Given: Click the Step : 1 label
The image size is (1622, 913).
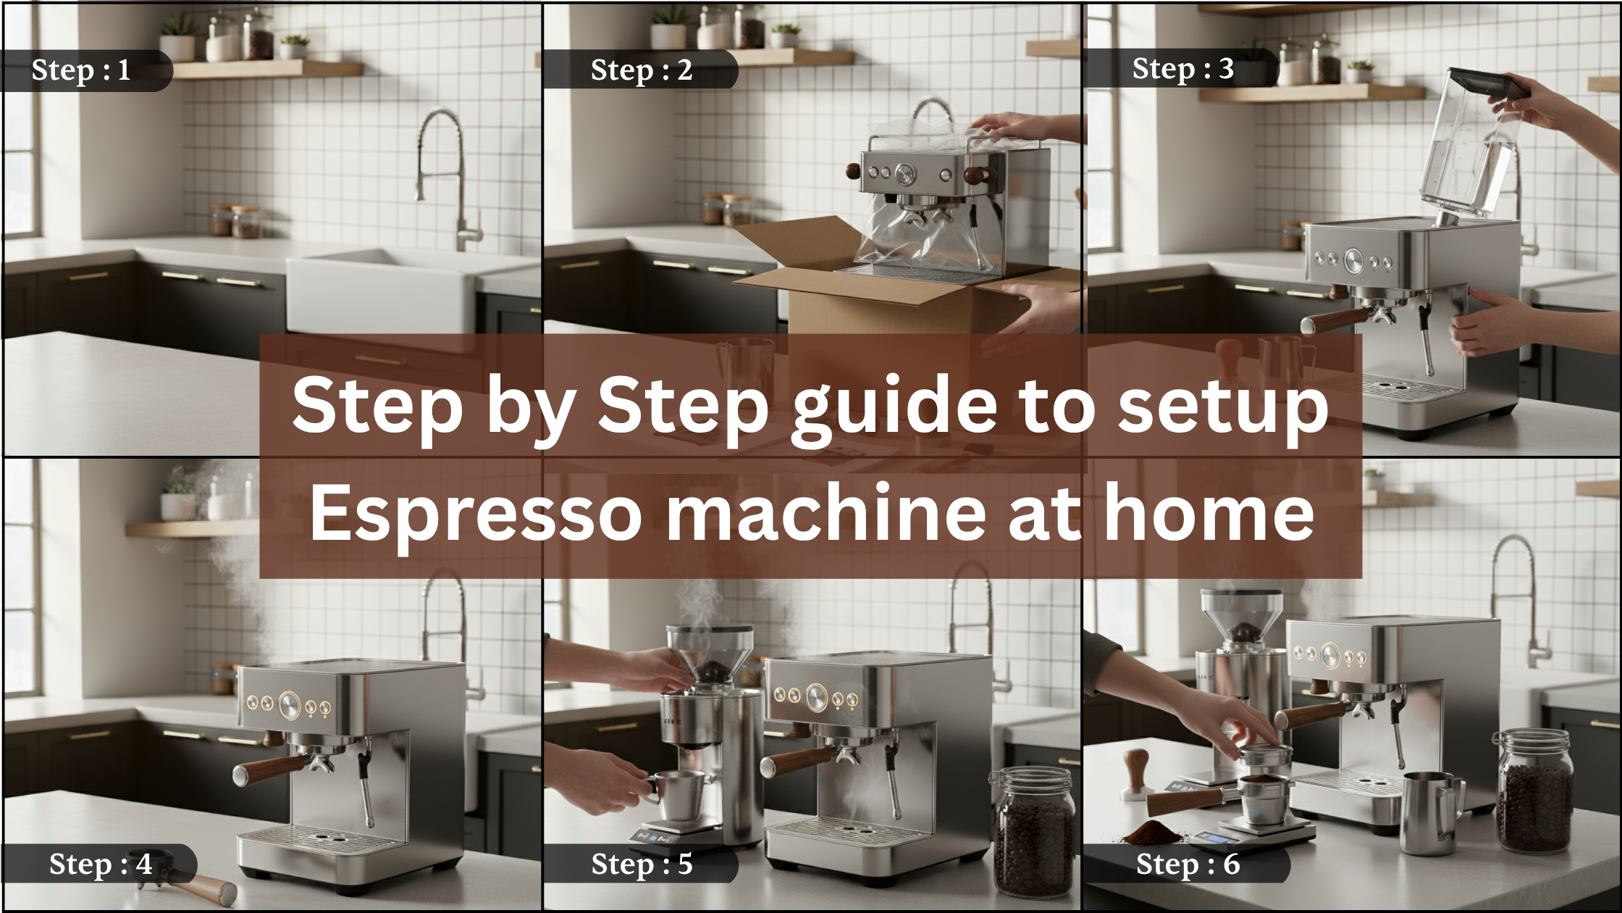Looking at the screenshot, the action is pos(81,70).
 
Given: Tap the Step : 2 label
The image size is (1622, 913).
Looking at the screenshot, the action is pos(642,70).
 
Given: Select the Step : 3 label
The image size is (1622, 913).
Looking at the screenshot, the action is pos(1183,69).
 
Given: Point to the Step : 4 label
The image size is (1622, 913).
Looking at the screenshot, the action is pos(101,864).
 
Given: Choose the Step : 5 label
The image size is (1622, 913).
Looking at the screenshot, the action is pos(642,864).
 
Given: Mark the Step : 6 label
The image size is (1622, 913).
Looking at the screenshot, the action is pos(1188,864).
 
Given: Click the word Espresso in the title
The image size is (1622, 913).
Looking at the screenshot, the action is pos(476,512).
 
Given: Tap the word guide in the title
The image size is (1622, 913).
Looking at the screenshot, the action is pos(894,405).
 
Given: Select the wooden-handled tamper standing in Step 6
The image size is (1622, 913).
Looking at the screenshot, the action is pos(1137,773).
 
